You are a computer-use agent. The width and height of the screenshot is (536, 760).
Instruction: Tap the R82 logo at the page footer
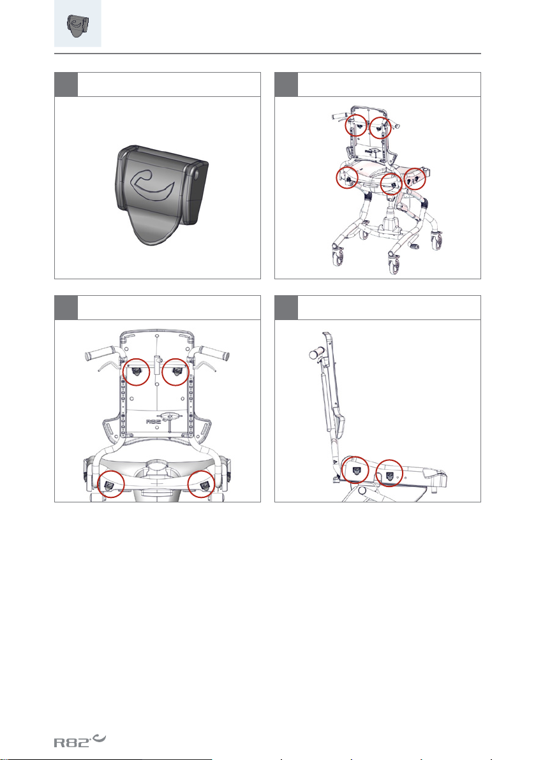pyautogui.click(x=80, y=740)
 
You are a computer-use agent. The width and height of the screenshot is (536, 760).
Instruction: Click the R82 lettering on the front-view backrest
pyautogui.click(x=154, y=421)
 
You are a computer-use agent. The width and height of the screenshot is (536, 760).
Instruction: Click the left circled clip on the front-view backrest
pyautogui.click(x=137, y=372)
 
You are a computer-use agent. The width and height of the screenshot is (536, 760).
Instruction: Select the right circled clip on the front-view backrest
pyautogui.click(x=175, y=372)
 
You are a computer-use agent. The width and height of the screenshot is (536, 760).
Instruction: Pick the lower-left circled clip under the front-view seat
pyautogui.click(x=110, y=484)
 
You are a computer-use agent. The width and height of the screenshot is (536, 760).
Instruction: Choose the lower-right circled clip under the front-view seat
pyautogui.click(x=202, y=484)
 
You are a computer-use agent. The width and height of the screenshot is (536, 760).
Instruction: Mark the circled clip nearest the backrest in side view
pyautogui.click(x=356, y=470)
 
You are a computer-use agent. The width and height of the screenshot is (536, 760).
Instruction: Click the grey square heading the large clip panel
pyautogui.click(x=66, y=85)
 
